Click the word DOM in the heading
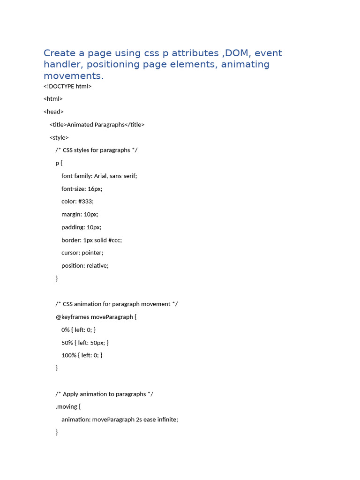click(x=237, y=53)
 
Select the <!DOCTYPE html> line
click(x=67, y=86)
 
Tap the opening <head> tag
click(x=53, y=112)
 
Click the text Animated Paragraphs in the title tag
click(x=96, y=125)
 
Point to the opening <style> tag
click(x=59, y=137)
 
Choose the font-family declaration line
click(x=99, y=176)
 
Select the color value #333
click(x=86, y=202)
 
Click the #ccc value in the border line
click(x=115, y=240)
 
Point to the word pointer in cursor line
click(x=92, y=253)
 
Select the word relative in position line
click(x=98, y=265)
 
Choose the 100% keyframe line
click(x=82, y=355)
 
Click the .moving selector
click(x=67, y=406)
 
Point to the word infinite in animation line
click(x=167, y=420)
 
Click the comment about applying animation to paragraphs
click(x=104, y=394)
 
